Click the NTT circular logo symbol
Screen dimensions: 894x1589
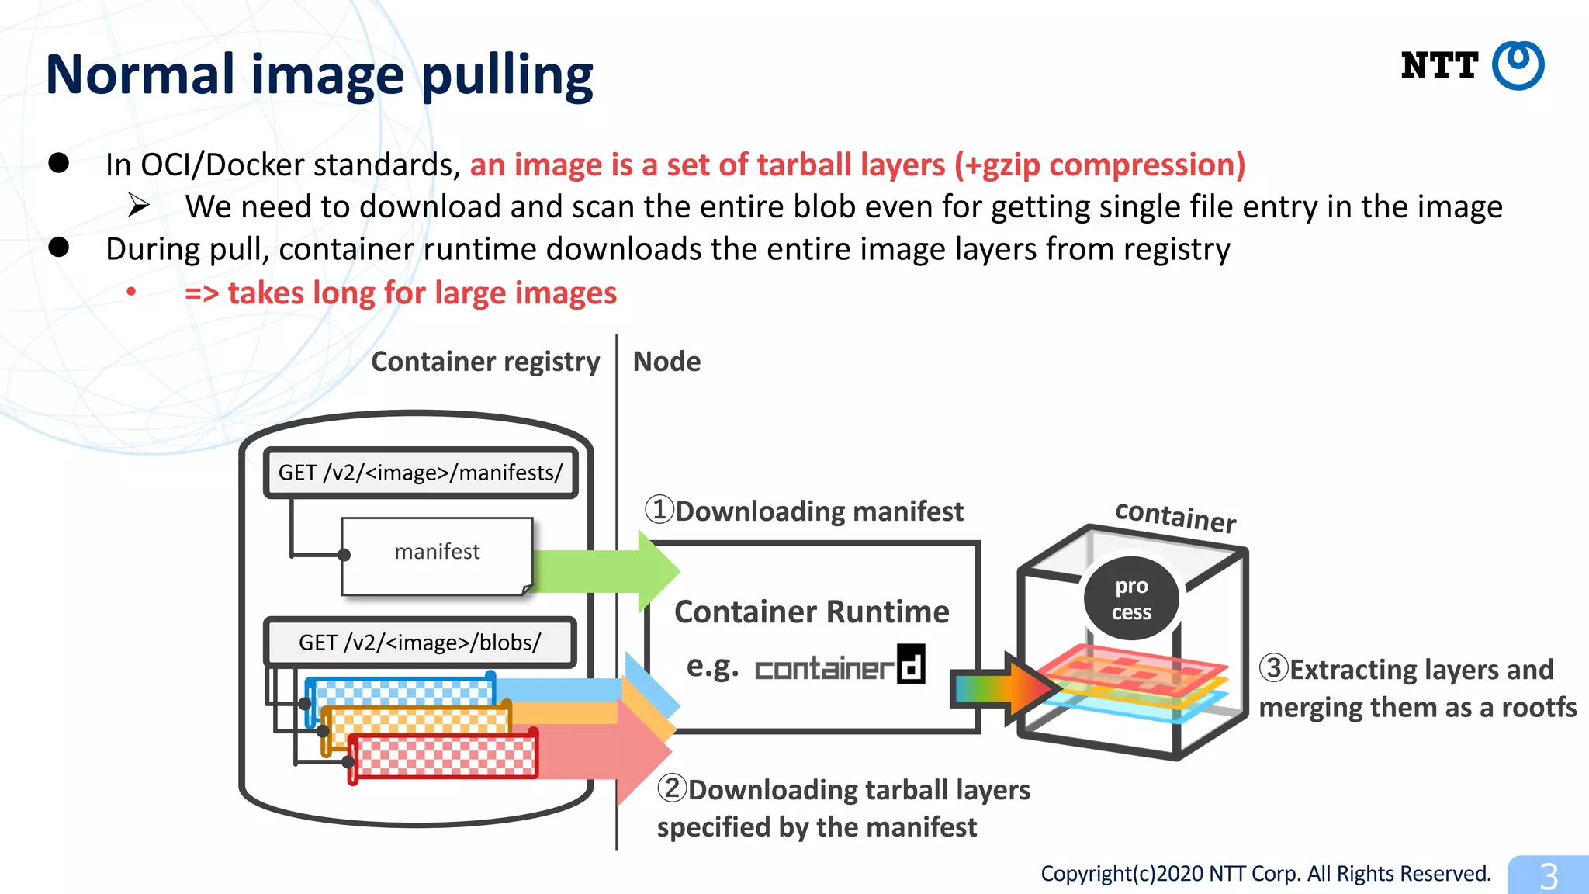coord(1518,66)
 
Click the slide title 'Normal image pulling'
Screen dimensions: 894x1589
coord(319,75)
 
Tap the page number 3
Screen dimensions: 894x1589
coord(1548,876)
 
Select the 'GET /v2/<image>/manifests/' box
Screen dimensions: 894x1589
coord(421,473)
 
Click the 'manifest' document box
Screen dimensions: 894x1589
coord(437,556)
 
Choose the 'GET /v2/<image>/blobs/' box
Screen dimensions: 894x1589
coord(420,643)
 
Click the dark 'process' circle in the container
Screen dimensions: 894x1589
coord(1131,598)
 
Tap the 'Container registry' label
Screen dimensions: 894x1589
coord(485,362)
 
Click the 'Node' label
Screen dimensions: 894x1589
coord(666,362)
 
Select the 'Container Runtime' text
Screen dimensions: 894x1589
coord(812,612)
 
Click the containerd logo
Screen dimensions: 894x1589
coord(840,666)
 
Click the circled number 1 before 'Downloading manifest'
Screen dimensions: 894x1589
coord(659,510)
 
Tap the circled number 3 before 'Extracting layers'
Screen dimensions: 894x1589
coord(1273,667)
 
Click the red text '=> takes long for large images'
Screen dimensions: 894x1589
coord(400,293)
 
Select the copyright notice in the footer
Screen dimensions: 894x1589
coord(1265,874)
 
